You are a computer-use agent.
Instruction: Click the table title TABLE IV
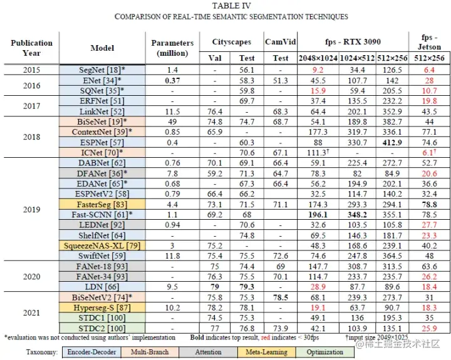(x=225, y=6)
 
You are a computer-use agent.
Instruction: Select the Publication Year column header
(x=31, y=48)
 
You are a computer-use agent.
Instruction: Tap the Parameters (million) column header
(x=172, y=48)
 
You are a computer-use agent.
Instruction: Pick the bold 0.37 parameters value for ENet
(x=172, y=81)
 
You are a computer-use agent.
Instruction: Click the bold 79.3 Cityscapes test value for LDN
(x=246, y=287)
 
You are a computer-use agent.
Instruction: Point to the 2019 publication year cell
(x=31, y=210)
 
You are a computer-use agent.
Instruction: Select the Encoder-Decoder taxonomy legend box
(x=92, y=352)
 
